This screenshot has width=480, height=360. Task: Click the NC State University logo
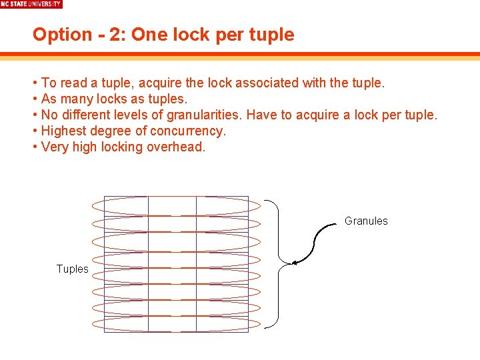(31, 4)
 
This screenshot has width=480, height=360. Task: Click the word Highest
(64, 131)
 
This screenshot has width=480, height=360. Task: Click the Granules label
(366, 221)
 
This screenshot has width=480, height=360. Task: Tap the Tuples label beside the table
(72, 269)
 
